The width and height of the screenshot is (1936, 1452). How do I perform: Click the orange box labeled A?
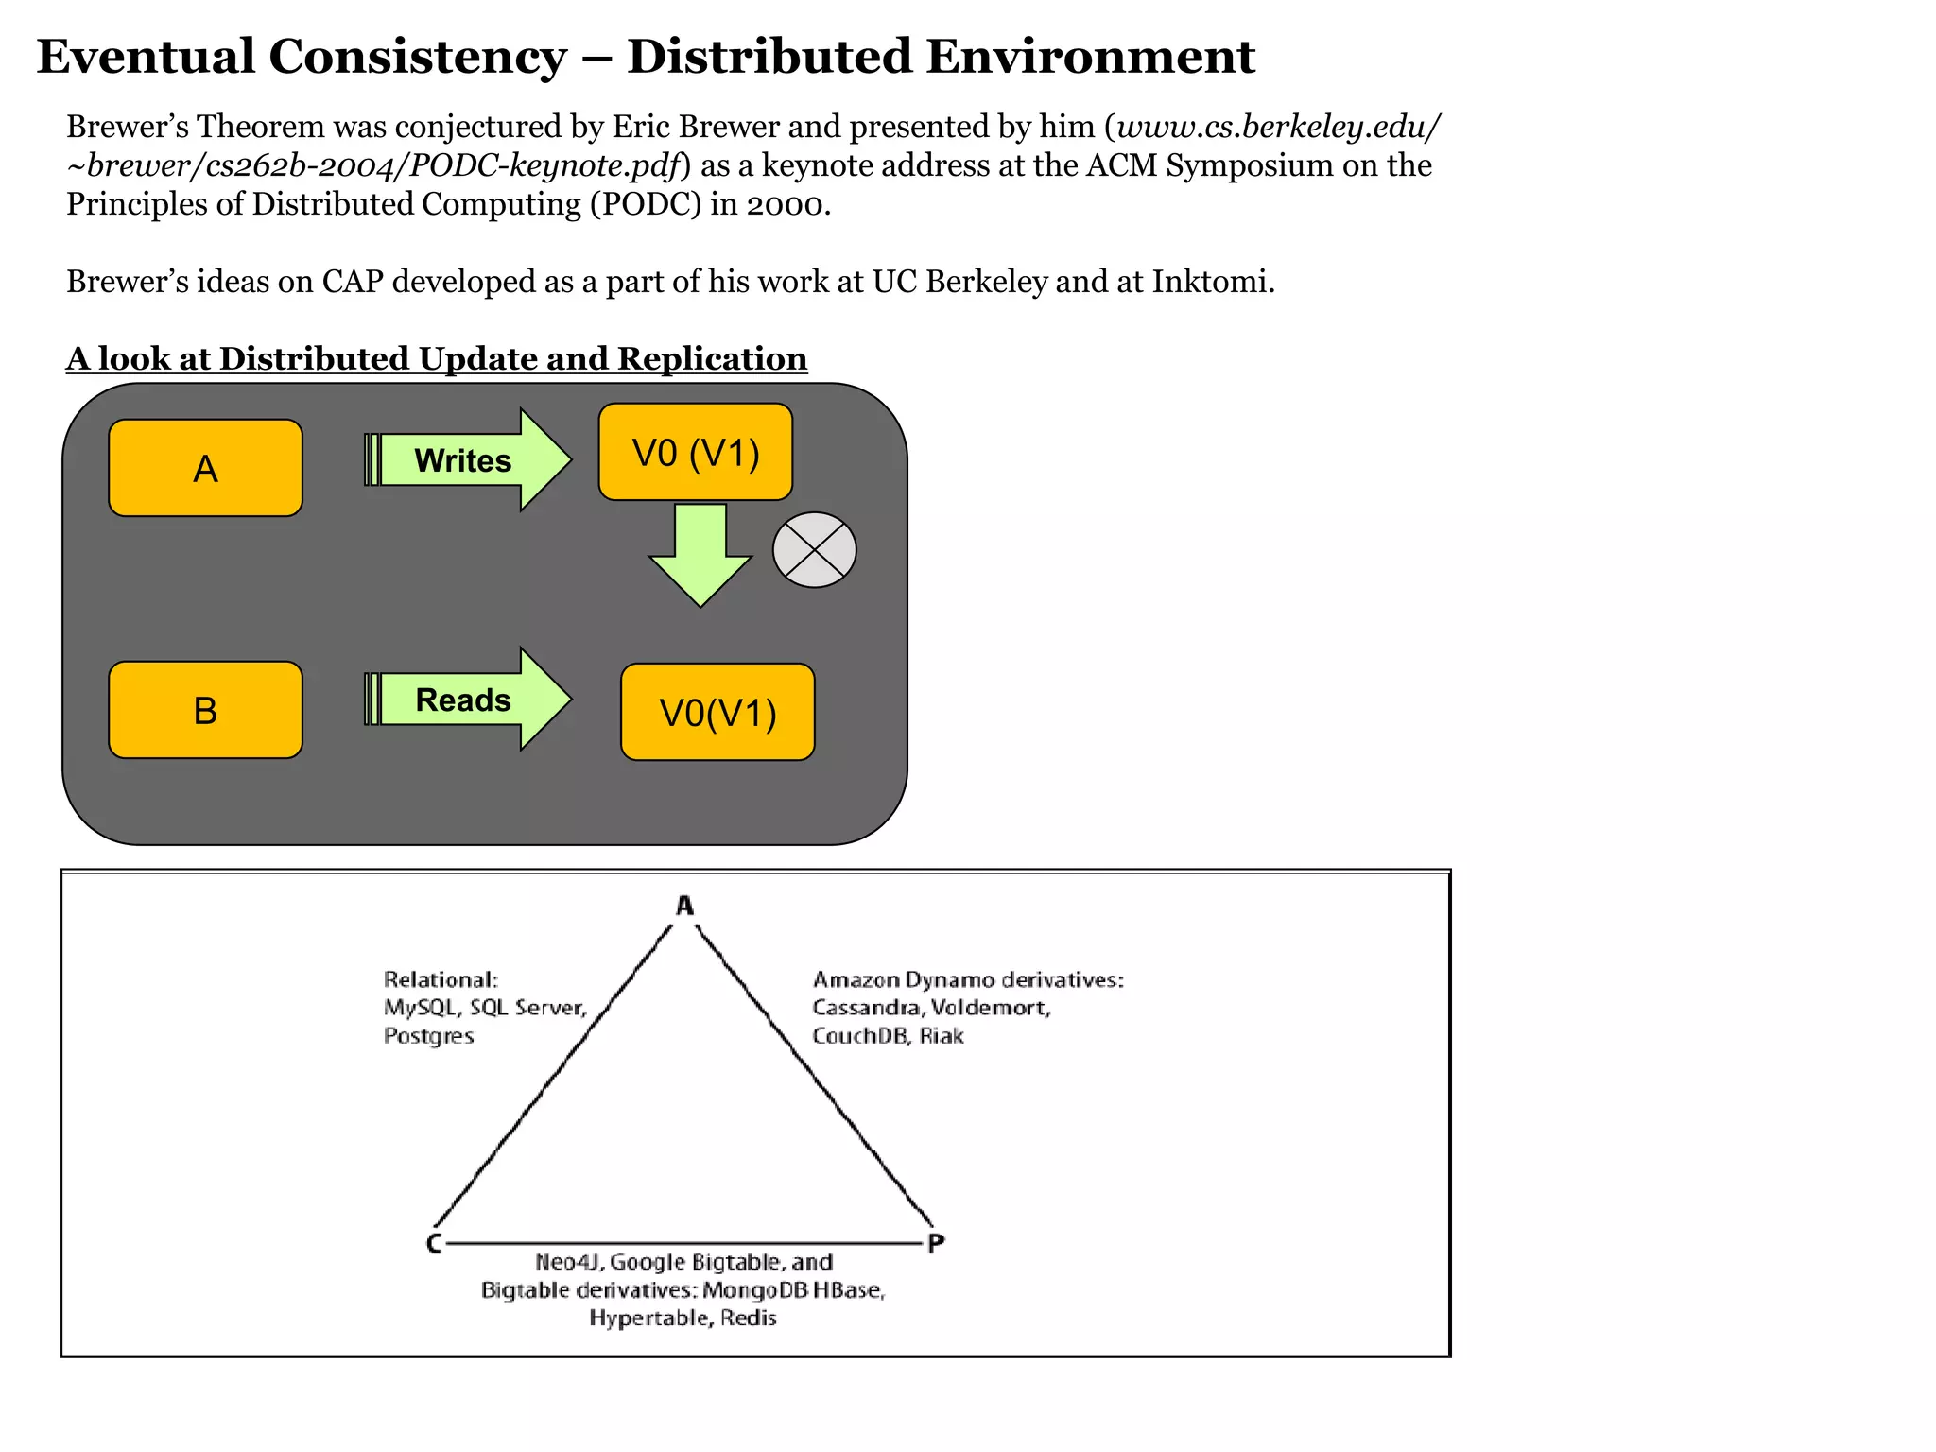tap(205, 468)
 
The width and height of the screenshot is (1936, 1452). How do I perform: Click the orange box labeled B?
tap(205, 710)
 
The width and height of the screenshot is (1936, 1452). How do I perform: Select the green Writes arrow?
tap(468, 460)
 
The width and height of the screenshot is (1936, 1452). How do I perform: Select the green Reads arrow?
tap(468, 700)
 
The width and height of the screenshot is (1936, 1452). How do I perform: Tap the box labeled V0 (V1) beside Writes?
tap(695, 453)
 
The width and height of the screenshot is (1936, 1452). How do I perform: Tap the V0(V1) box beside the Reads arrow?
tap(717, 712)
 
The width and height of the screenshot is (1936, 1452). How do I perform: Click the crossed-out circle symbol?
tap(814, 550)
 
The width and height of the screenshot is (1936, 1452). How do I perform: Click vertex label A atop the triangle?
tap(685, 906)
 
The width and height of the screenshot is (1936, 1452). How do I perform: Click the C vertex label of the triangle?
tap(434, 1243)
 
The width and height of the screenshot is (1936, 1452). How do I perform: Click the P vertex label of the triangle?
tap(936, 1243)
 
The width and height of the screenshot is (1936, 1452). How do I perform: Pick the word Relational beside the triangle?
tap(440, 979)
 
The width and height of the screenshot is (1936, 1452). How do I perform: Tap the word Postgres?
tap(428, 1036)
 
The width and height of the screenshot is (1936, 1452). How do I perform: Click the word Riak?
tap(942, 1036)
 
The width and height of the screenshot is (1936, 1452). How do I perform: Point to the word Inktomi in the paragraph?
tap(1211, 282)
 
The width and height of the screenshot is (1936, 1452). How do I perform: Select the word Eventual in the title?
tap(146, 57)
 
